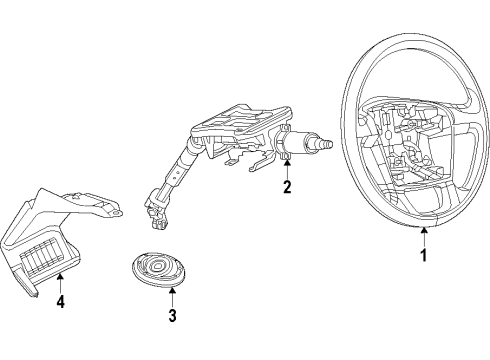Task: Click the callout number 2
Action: pyautogui.click(x=287, y=186)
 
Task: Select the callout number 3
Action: pyautogui.click(x=172, y=316)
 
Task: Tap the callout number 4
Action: pyautogui.click(x=60, y=301)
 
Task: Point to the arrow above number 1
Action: pyautogui.click(x=423, y=236)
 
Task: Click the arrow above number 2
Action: pyautogui.click(x=287, y=167)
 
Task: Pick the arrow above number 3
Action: pyautogui.click(x=172, y=297)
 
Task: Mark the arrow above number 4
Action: pyautogui.click(x=60, y=282)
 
